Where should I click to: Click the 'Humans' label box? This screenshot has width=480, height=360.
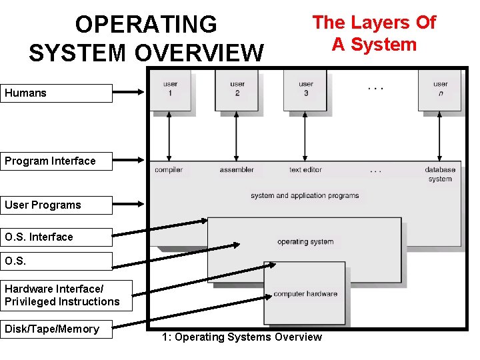pyautogui.click(x=56, y=93)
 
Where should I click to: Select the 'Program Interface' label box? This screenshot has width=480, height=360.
pyautogui.click(x=56, y=161)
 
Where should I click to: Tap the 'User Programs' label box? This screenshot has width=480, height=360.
pyautogui.click(x=56, y=205)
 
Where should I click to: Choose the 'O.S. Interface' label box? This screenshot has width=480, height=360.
pyautogui.click(x=56, y=237)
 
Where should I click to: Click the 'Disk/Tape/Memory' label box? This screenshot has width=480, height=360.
pyautogui.click(x=56, y=329)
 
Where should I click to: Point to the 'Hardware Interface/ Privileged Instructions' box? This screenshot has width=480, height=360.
pyautogui.click(x=65, y=295)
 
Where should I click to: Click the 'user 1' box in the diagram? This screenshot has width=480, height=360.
pyautogui.click(x=170, y=90)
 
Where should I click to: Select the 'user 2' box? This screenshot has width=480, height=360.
pyautogui.click(x=237, y=90)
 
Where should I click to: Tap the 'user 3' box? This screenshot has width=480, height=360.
pyautogui.click(x=305, y=90)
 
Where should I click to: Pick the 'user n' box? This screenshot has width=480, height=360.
pyautogui.click(x=440, y=90)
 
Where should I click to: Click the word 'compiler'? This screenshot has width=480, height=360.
pyautogui.click(x=169, y=170)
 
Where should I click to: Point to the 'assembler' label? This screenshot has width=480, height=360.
pyautogui.click(x=237, y=170)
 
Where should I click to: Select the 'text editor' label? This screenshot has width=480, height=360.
pyautogui.click(x=305, y=170)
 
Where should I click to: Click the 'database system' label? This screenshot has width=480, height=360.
pyautogui.click(x=440, y=174)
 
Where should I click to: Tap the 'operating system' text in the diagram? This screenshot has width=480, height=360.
pyautogui.click(x=305, y=241)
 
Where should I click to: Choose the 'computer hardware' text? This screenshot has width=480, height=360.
pyautogui.click(x=305, y=294)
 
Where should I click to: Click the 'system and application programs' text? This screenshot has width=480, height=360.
pyautogui.click(x=305, y=196)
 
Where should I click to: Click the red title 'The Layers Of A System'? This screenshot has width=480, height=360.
pyautogui.click(x=374, y=33)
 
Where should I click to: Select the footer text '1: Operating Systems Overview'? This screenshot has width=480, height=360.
pyautogui.click(x=241, y=337)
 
